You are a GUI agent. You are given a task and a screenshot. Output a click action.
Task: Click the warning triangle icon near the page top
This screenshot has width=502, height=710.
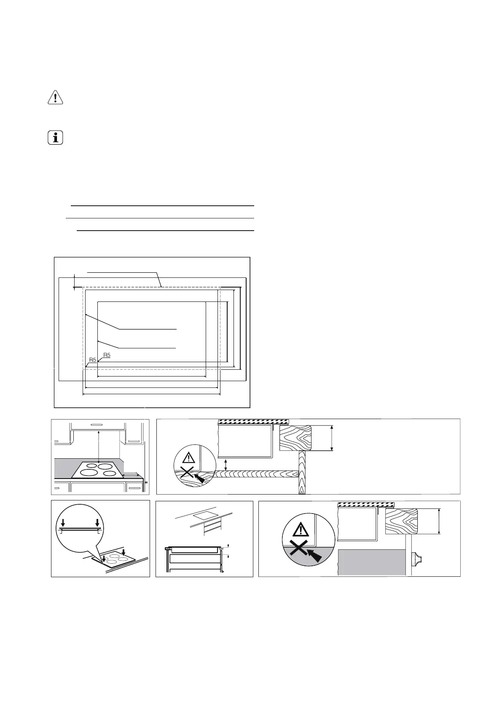point(55,97)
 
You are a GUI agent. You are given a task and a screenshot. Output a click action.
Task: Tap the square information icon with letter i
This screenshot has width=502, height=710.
point(55,138)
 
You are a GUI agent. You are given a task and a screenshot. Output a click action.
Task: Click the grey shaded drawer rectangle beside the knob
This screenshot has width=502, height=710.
point(372,562)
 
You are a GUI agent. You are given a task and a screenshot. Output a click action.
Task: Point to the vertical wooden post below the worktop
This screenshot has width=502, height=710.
point(302,472)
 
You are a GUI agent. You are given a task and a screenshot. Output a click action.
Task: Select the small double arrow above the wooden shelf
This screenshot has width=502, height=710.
point(226,465)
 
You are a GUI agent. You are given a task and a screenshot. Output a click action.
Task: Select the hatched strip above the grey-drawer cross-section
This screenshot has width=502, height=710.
point(366,504)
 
